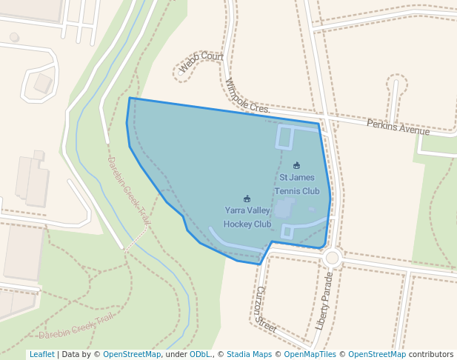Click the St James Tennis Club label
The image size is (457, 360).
[296, 184]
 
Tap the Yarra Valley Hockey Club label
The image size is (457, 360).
[247, 217]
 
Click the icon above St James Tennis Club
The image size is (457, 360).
[297, 165]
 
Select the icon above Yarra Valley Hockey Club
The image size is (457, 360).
[247, 199]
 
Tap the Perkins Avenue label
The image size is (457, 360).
[398, 127]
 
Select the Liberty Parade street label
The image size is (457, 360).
[324, 301]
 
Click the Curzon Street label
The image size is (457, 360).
[264, 310]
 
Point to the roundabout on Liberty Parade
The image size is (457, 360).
[332, 258]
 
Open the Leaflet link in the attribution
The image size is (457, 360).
[41, 354]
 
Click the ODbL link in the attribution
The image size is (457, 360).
[199, 354]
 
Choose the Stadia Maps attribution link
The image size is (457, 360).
[249, 354]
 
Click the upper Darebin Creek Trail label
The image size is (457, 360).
[130, 191]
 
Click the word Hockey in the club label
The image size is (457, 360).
[237, 224]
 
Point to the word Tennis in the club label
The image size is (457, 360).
[287, 191]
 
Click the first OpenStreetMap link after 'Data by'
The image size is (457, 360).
[132, 354]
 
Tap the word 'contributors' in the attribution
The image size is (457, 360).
[431, 354]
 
